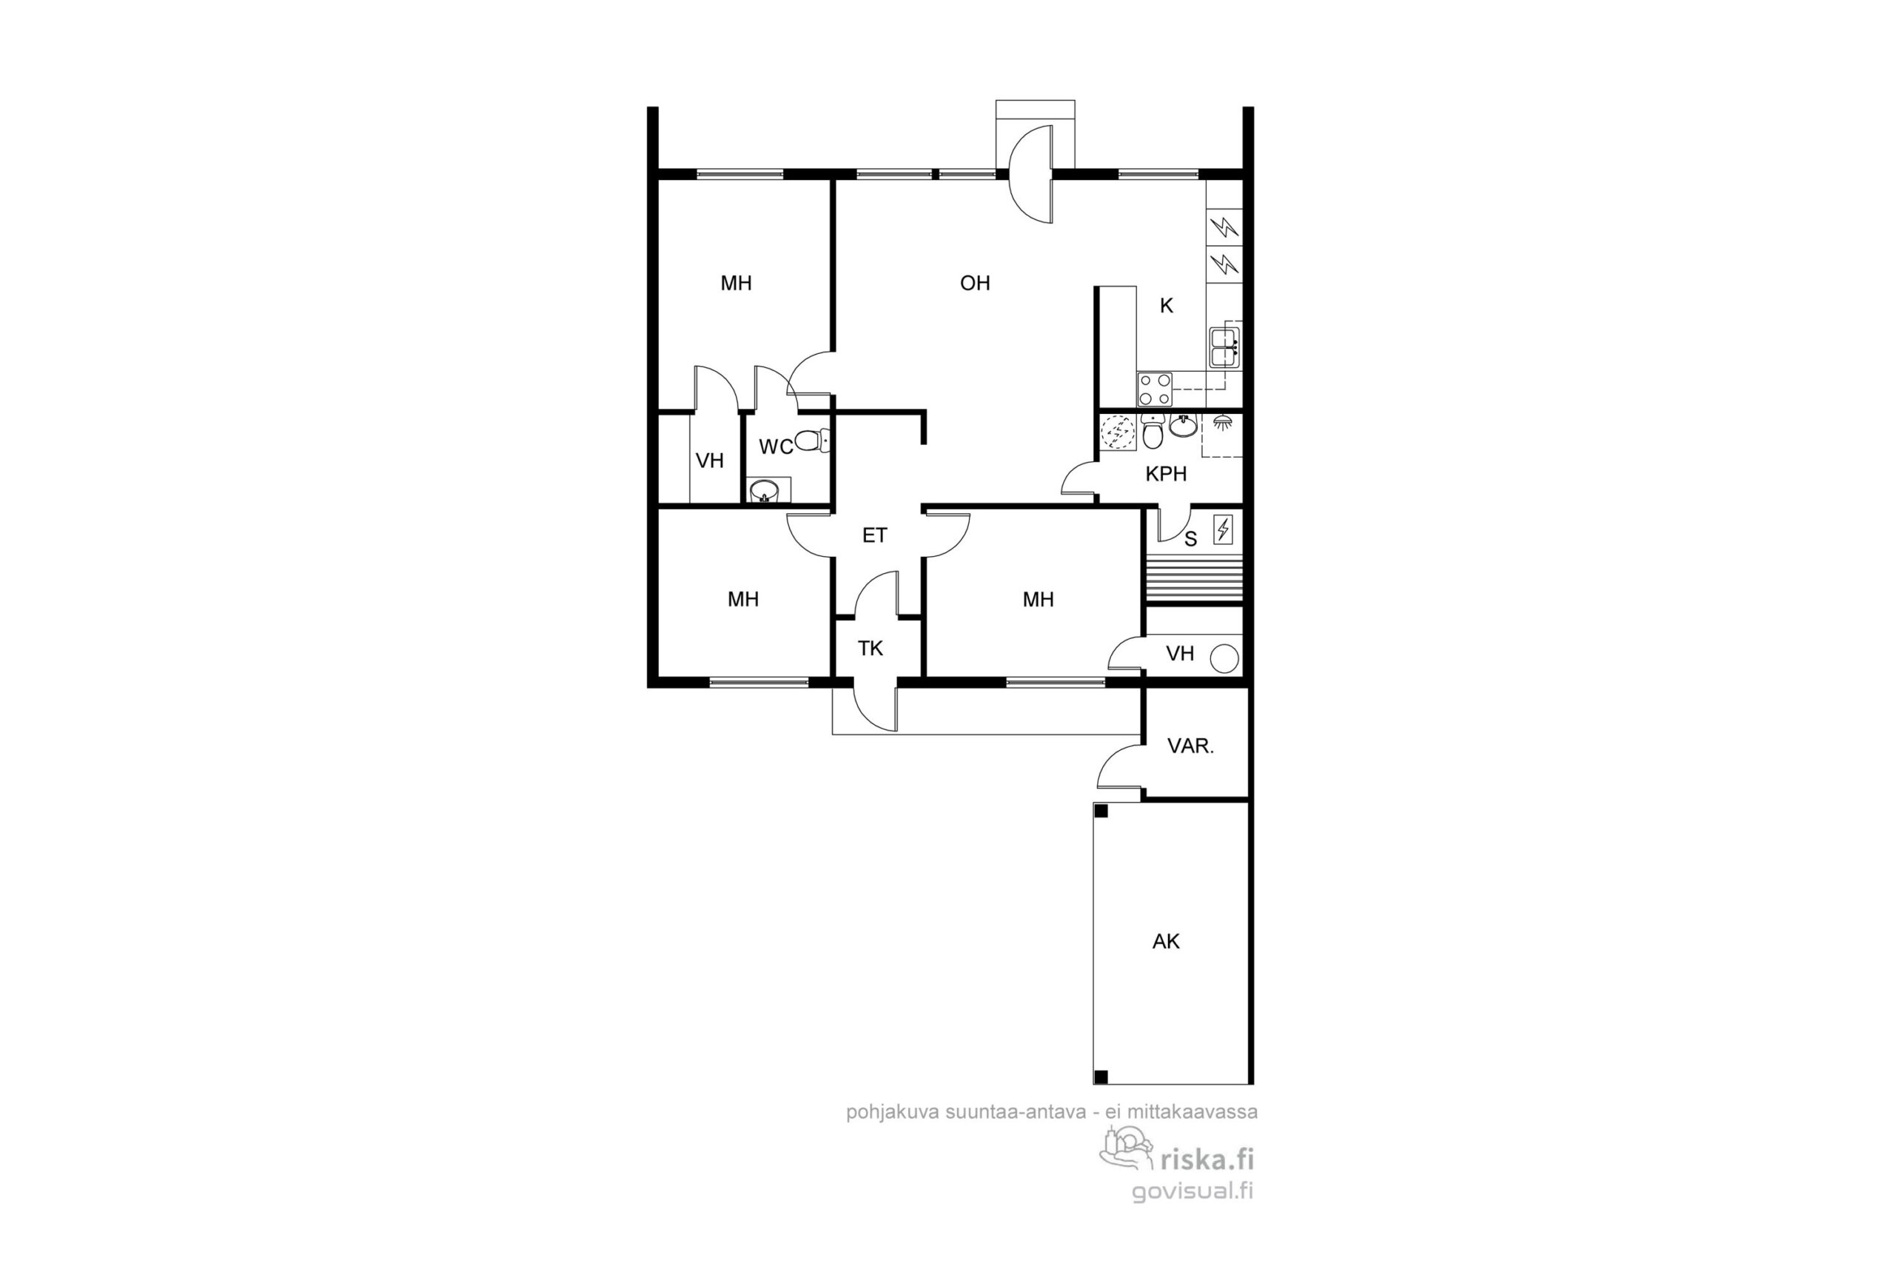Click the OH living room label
click(x=975, y=283)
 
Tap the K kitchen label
click(x=1166, y=306)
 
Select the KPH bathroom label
click(x=1166, y=474)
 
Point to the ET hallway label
click(x=874, y=535)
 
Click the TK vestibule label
click(x=871, y=648)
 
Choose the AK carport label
click(x=1166, y=940)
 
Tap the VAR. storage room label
click(x=1190, y=746)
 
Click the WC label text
click(x=776, y=447)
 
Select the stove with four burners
click(x=1155, y=389)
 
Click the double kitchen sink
click(x=1224, y=347)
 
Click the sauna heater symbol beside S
click(x=1223, y=529)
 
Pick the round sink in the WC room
click(x=763, y=490)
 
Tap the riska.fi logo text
click(x=1206, y=1159)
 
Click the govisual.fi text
click(x=1193, y=1191)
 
